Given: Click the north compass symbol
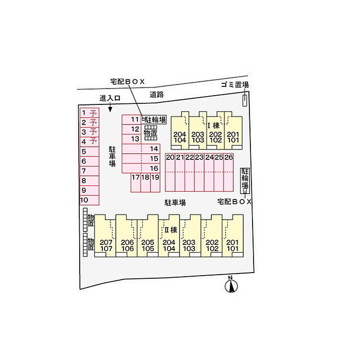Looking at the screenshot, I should coord(231,285).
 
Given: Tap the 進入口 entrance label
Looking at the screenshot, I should coord(110,98).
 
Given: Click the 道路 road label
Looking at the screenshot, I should coord(157,94).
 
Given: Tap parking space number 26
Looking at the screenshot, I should coord(229,157).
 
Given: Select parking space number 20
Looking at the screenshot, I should coord(170,157).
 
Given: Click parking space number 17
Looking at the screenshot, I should coord(136,177).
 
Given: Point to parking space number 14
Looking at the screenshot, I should coord(153,149).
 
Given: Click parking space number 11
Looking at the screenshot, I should coord(134,119).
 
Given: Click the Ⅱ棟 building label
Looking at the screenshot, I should coord(170,229).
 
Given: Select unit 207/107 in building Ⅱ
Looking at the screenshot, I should coord(106,245).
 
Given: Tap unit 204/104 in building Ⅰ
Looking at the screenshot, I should coord(179,136).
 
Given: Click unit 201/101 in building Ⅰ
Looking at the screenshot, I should coord(233,136).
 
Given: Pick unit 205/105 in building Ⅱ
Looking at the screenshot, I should coord(148,245).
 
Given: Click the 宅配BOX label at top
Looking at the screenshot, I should coord(128,81).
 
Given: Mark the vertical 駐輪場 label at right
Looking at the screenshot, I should coord(245,178).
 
